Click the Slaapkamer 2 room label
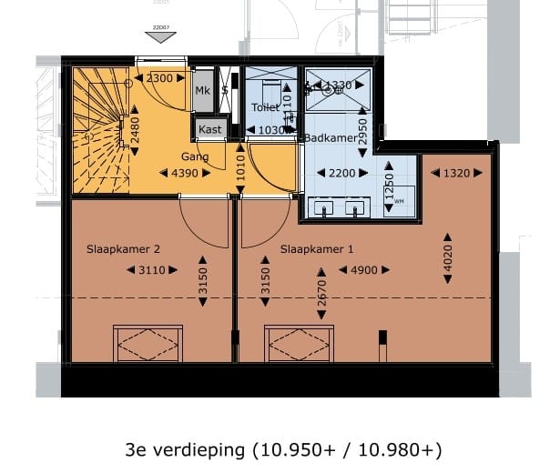pyautogui.click(x=123, y=248)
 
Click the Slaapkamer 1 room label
pyautogui.click(x=317, y=248)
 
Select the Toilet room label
pyautogui.click(x=264, y=107)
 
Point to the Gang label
pyautogui.click(x=194, y=156)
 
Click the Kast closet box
pyautogui.click(x=210, y=129)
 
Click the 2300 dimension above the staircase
pyautogui.click(x=158, y=79)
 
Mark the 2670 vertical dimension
pyautogui.click(x=322, y=295)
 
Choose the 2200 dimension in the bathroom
pyautogui.click(x=343, y=173)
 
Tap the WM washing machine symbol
pyautogui.click(x=400, y=201)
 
